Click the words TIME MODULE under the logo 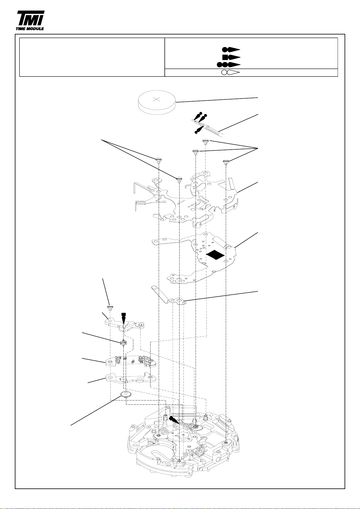pyautogui.click(x=30, y=29)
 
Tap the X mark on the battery pyautogui.click(x=157, y=99)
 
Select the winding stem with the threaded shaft pyautogui.click(x=208, y=127)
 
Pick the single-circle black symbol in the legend pyautogui.click(x=231, y=50)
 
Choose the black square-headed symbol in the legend pyautogui.click(x=231, y=57)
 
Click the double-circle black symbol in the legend pyautogui.click(x=229, y=65)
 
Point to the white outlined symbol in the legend pyautogui.click(x=230, y=73)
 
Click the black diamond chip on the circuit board pyautogui.click(x=215, y=254)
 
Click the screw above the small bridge pyautogui.click(x=110, y=307)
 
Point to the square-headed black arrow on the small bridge pyautogui.click(x=123, y=318)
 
